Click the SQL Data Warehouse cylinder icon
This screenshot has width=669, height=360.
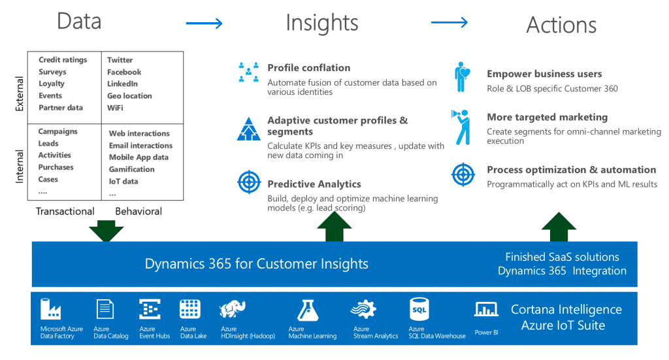[419, 308]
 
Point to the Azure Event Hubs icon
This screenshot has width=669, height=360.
[150, 309]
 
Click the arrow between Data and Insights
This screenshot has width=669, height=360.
[204, 24]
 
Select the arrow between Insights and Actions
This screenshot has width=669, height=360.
[449, 23]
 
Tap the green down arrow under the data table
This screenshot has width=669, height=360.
[106, 231]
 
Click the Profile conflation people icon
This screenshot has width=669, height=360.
[248, 73]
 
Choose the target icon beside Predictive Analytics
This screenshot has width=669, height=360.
[248, 181]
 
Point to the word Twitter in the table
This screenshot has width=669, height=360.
[120, 60]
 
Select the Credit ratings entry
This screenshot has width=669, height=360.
[63, 60]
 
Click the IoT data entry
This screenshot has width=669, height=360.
[123, 181]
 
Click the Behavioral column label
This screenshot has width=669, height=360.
[139, 211]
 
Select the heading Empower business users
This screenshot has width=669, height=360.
[544, 74]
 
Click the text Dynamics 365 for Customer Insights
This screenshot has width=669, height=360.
[256, 264]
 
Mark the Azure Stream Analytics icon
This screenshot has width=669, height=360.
[363, 309]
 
